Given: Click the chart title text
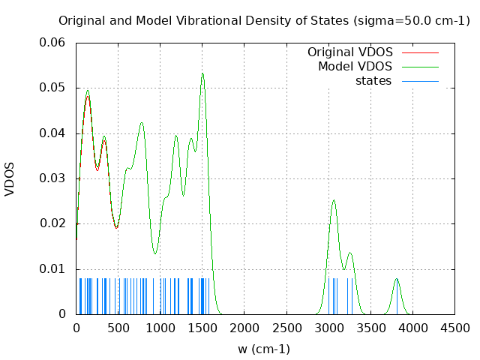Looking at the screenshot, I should [264, 20].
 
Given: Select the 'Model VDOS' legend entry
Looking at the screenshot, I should [355, 67].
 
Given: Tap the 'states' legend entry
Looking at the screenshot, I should [373, 81].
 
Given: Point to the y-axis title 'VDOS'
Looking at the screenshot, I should [10, 178].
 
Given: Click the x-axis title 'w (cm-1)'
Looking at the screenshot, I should [264, 349].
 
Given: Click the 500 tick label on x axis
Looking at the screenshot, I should [118, 328].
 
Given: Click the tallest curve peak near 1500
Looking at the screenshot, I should [202, 73].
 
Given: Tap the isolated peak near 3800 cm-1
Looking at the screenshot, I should [397, 279].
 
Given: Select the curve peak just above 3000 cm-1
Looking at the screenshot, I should [334, 200].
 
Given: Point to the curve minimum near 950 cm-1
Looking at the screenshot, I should [155, 253].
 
